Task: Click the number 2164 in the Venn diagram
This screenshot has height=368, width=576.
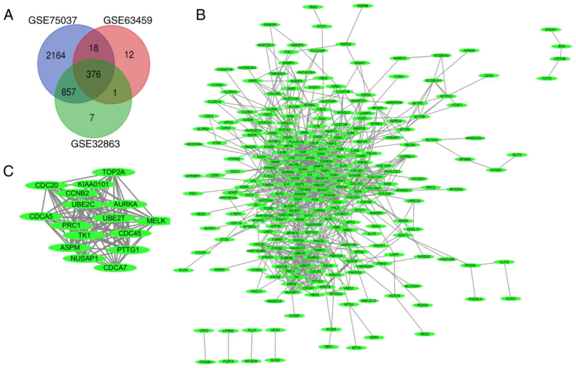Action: (x=56, y=55)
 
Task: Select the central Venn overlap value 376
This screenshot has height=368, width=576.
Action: (x=93, y=74)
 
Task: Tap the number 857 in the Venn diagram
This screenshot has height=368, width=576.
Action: (x=68, y=92)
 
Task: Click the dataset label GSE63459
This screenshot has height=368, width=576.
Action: (x=128, y=20)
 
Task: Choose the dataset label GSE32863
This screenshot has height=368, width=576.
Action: (x=95, y=144)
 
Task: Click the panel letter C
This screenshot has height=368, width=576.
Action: (x=8, y=171)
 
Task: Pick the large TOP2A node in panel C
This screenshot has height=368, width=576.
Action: (x=114, y=172)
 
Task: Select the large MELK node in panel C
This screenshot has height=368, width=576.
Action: (x=156, y=221)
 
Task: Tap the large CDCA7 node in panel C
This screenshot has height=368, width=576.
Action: (x=115, y=267)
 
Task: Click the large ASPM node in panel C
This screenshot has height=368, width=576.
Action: (x=70, y=248)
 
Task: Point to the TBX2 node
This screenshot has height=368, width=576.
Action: (x=313, y=7)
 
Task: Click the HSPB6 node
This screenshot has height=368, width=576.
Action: (x=363, y=6)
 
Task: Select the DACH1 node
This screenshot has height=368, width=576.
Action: (x=551, y=30)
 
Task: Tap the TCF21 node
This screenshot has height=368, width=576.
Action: (x=547, y=78)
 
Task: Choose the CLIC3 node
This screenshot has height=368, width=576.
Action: (x=511, y=298)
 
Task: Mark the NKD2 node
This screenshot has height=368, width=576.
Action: (x=424, y=334)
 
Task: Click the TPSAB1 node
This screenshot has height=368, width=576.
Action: (x=206, y=362)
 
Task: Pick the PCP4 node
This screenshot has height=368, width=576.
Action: (x=183, y=270)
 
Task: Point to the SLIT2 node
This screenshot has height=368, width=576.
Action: (x=517, y=155)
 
